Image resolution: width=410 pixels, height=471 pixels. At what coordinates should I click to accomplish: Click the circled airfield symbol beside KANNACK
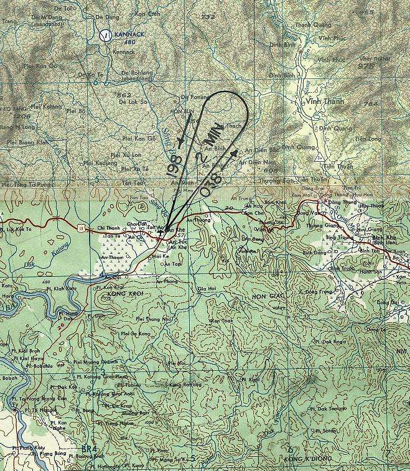[x=106, y=35]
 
